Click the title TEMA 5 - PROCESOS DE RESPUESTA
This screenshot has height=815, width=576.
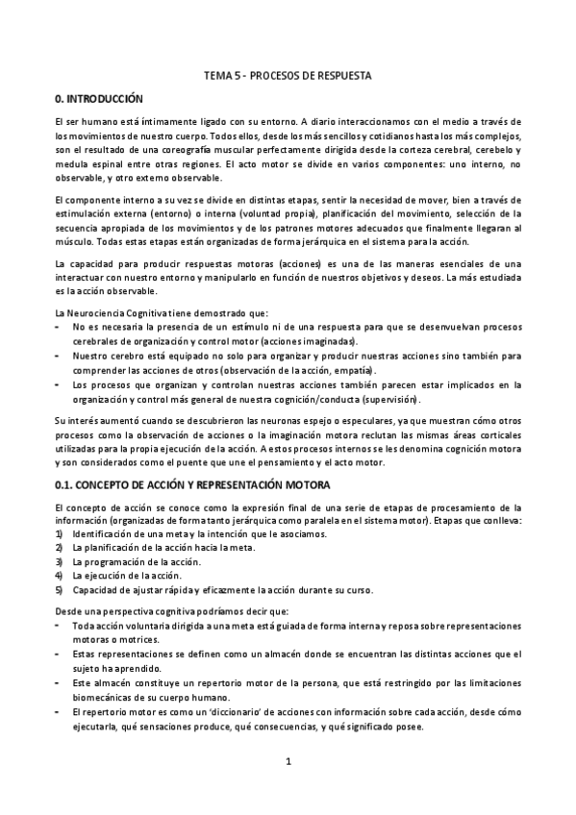288,74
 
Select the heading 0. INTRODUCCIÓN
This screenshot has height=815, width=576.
98,98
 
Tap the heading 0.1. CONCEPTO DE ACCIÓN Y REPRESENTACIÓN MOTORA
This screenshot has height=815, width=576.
192,483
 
